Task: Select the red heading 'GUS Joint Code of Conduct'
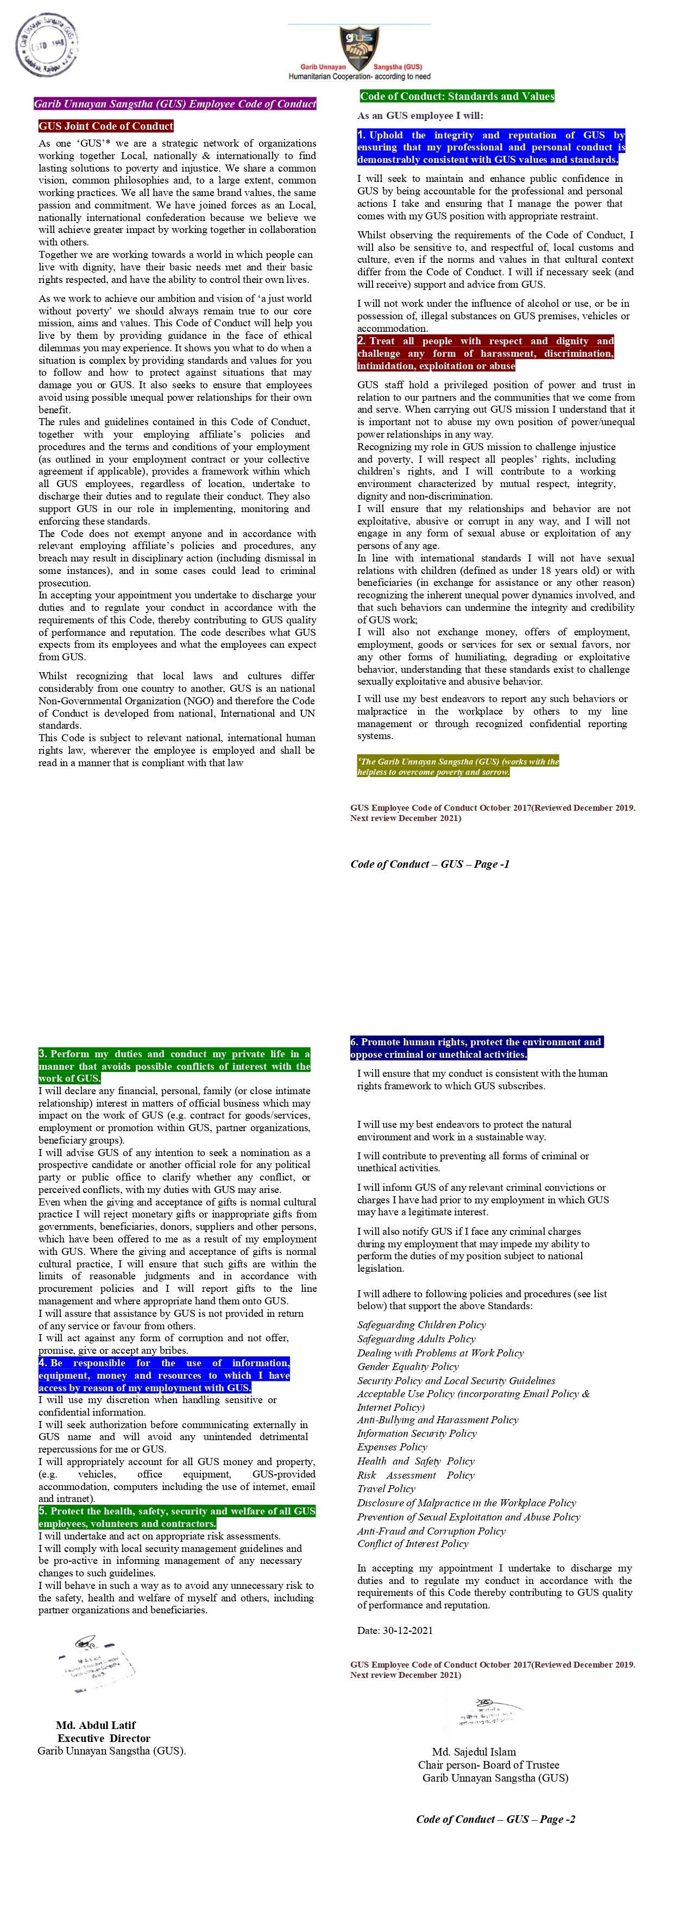coord(106,127)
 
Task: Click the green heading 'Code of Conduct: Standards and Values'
coord(457,96)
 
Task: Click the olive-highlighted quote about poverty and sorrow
coord(457,767)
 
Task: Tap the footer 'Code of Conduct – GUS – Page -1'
coord(429,864)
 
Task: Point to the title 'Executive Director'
coord(104,1739)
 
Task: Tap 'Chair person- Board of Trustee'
coord(488,1765)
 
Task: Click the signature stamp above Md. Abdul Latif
coord(98,1665)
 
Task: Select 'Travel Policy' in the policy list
coord(386,1489)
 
